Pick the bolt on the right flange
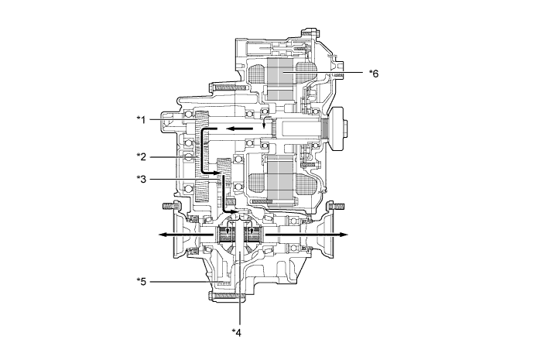pyautogui.click(x=336, y=206)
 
